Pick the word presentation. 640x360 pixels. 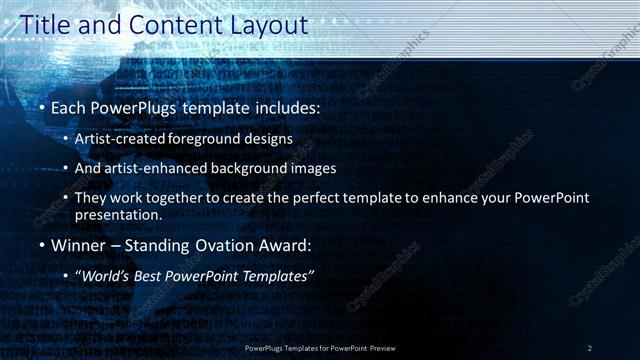click(x=119, y=214)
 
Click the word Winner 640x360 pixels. click(x=78, y=245)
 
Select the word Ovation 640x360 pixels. click(x=224, y=245)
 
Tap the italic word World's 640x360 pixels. click(x=105, y=275)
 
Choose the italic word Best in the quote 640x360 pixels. click(x=150, y=275)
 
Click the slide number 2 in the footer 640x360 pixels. click(x=589, y=347)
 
